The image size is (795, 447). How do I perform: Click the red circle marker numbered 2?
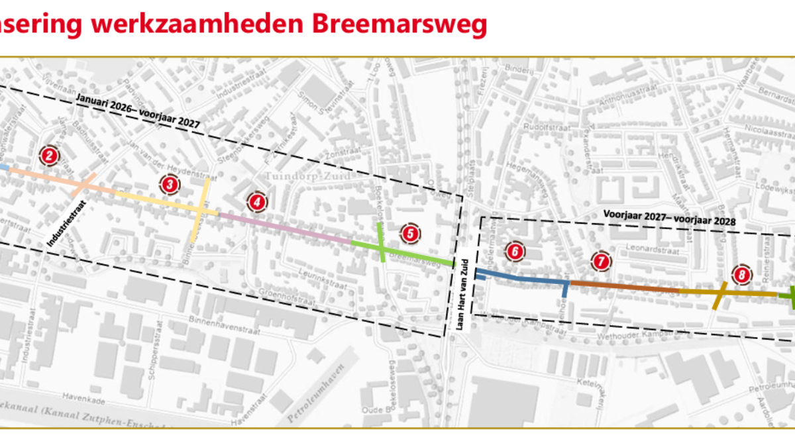tap(49, 156)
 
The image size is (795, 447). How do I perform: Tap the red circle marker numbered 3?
tap(170, 185)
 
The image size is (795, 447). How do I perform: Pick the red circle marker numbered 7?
tap(600, 262)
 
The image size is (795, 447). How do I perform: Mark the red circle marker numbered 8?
tap(741, 274)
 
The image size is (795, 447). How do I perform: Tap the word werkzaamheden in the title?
tap(197, 25)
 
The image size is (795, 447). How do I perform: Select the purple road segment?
tap(285, 226)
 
